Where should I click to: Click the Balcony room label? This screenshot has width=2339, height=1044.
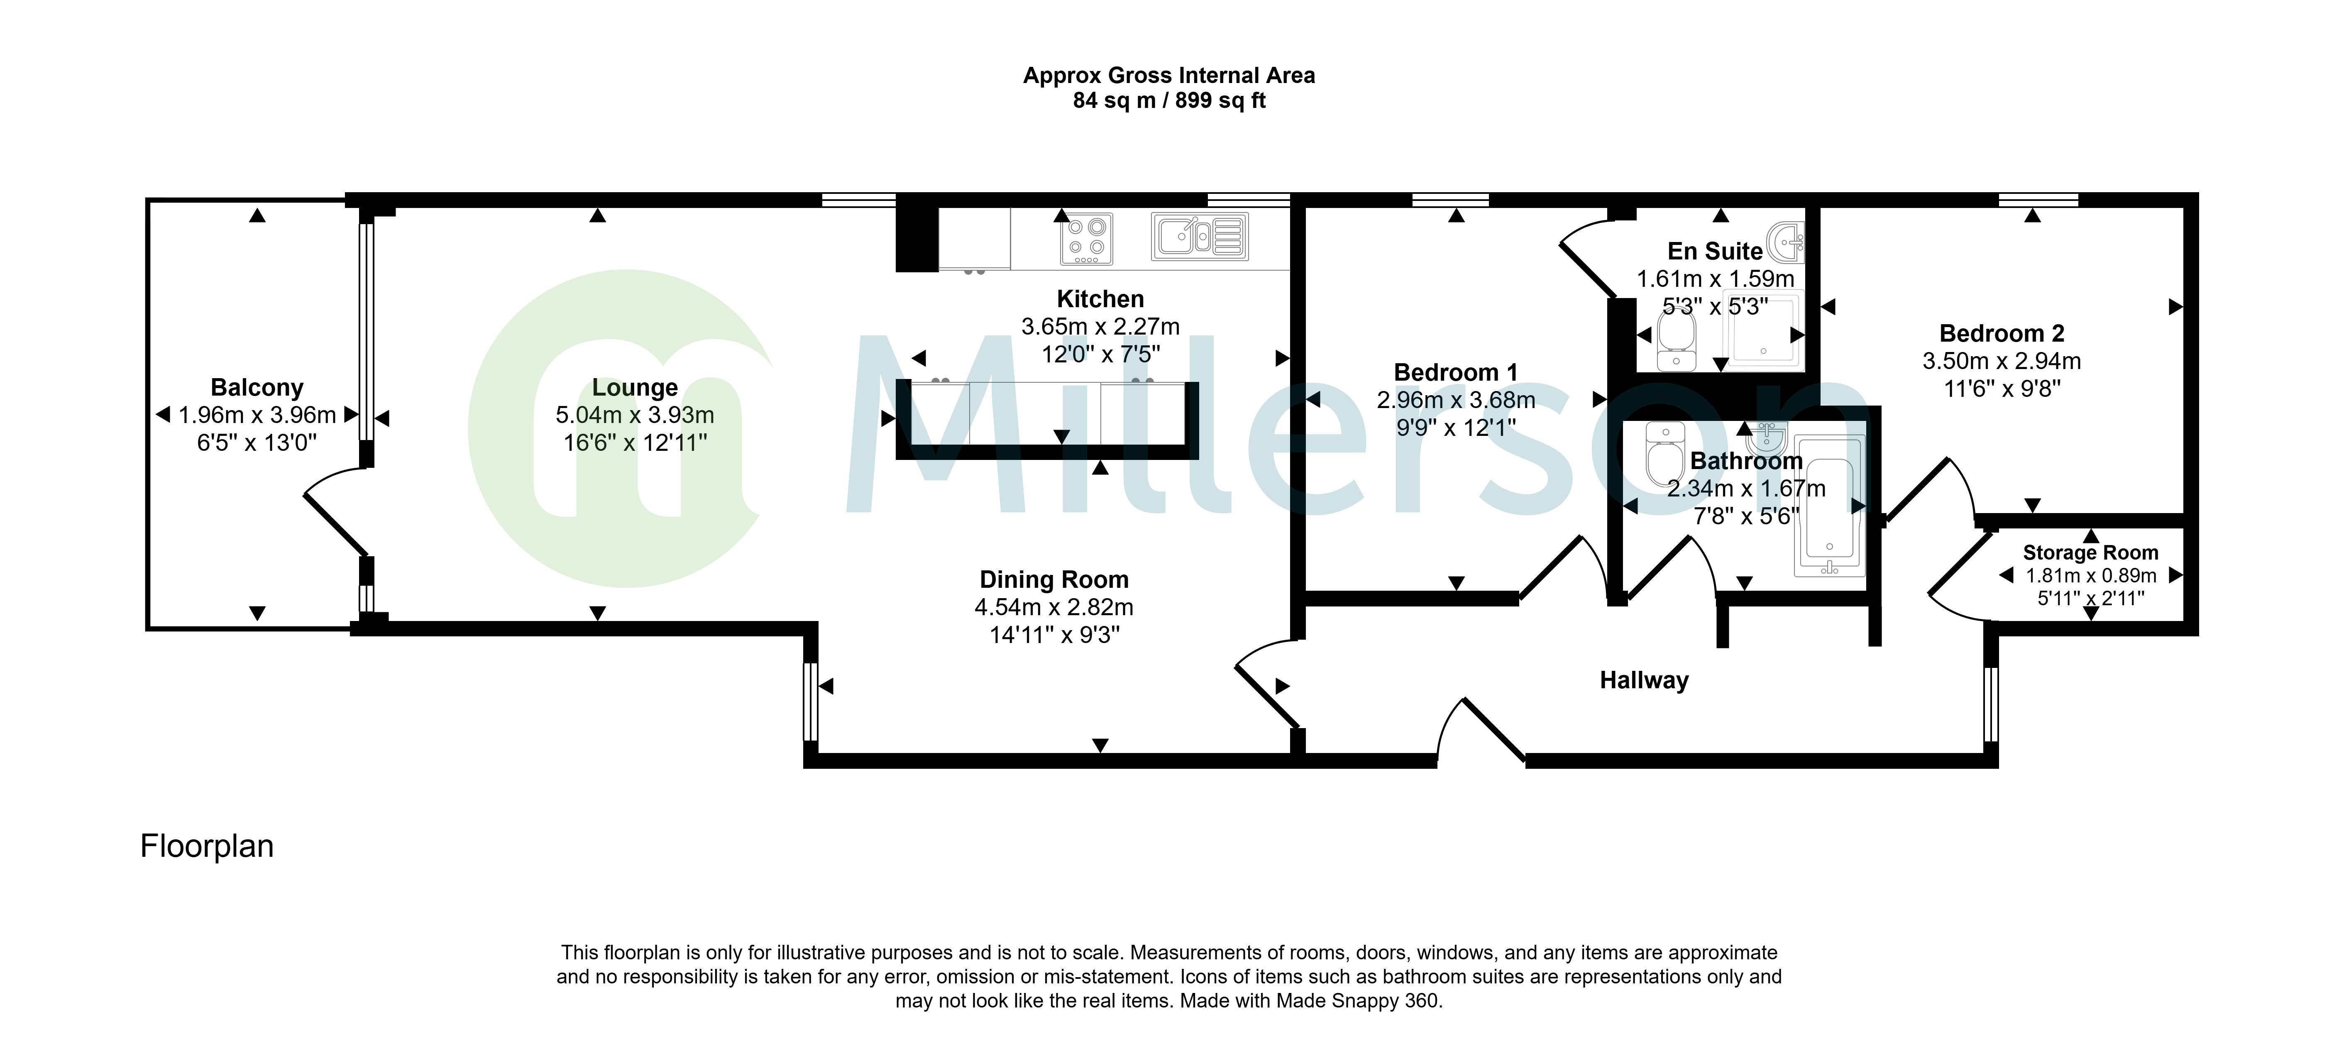coord(257,388)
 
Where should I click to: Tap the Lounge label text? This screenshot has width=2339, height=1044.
coord(635,388)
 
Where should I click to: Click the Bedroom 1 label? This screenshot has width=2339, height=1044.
coord(1456,372)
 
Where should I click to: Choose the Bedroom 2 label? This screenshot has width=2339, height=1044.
coord(2002,333)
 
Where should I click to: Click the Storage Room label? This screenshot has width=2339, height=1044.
coord(2090,552)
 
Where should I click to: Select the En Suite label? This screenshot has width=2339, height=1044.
coord(1715,251)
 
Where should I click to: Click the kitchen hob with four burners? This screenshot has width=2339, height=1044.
coord(1087,238)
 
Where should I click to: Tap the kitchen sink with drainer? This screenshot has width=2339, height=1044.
coord(1200,236)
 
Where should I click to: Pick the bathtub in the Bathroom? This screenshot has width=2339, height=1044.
coord(1830,506)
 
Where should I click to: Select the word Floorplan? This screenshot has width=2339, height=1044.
coord(207,846)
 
